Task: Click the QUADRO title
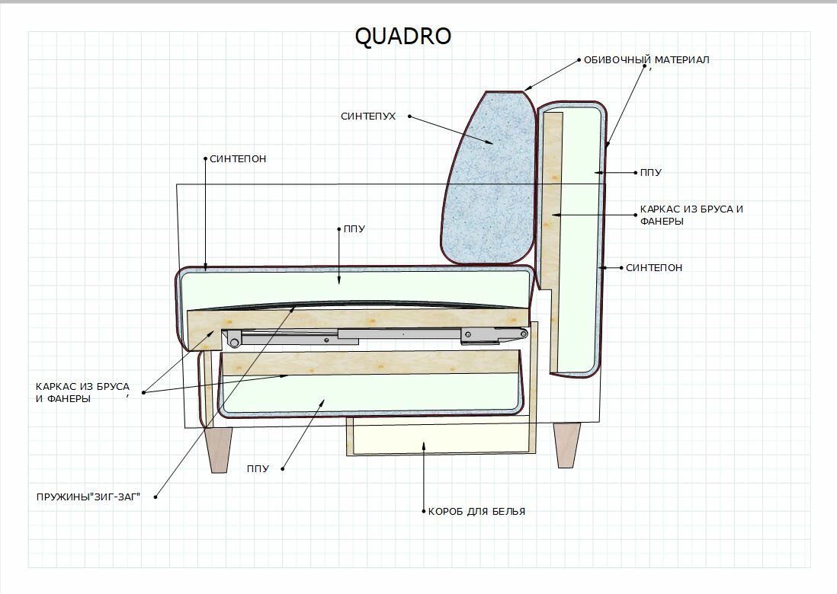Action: click(403, 37)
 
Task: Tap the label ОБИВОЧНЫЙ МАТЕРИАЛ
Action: click(646, 59)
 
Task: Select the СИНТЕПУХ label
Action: click(368, 117)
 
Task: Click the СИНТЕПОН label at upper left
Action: click(238, 159)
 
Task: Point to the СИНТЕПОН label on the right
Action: click(654, 268)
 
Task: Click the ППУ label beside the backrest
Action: click(650, 173)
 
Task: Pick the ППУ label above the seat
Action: click(354, 228)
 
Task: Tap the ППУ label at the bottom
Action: click(258, 468)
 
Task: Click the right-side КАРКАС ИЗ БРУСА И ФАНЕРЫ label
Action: click(691, 215)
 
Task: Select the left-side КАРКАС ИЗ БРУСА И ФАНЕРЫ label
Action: click(82, 392)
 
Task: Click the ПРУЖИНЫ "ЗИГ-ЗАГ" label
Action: click(88, 497)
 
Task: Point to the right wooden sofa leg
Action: click(566, 444)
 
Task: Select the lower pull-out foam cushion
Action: click(366, 396)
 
